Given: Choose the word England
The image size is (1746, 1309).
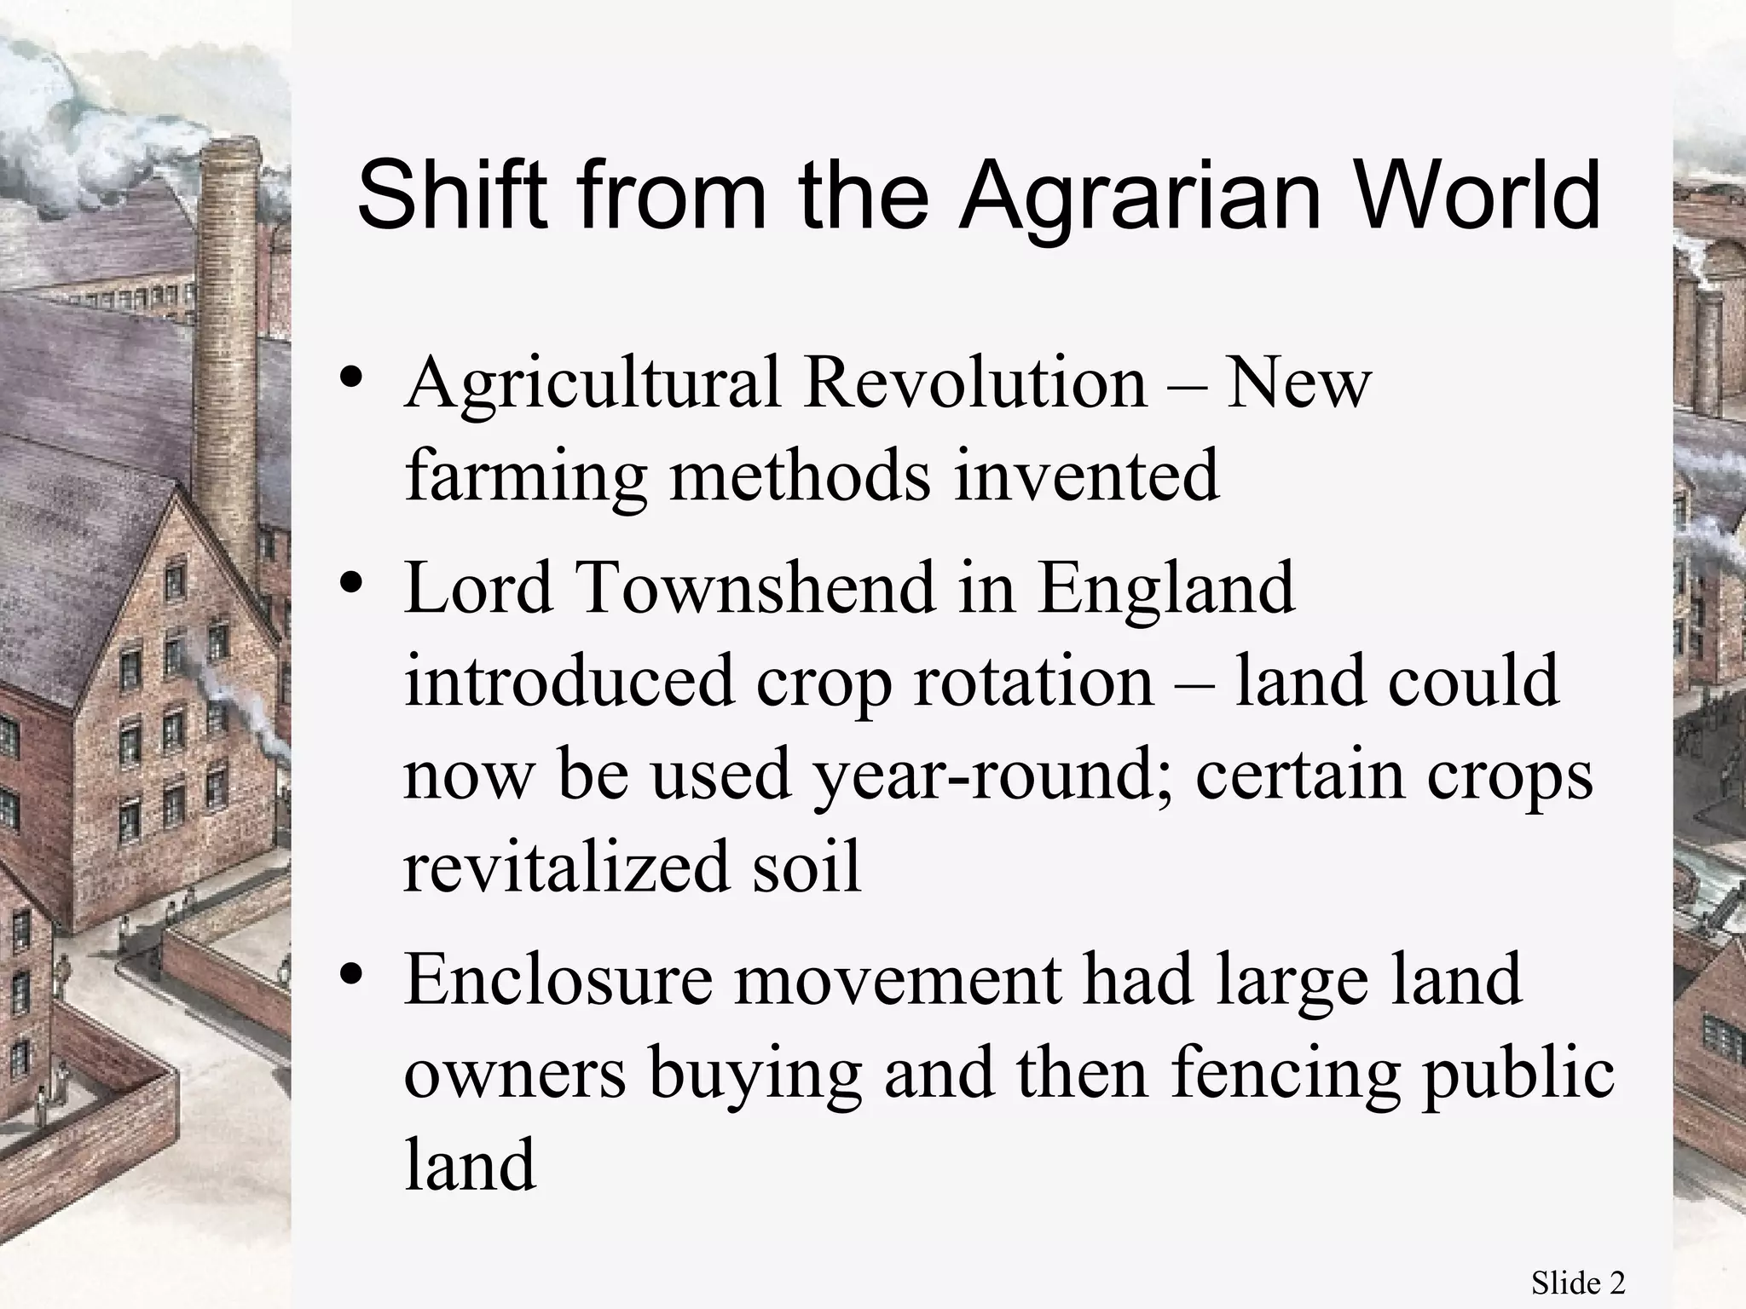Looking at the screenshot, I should (1165, 590).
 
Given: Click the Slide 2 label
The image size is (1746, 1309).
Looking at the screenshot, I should (1577, 1283).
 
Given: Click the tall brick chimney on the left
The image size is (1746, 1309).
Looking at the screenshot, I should (228, 341).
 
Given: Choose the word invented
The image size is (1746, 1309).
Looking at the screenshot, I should (1087, 476).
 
